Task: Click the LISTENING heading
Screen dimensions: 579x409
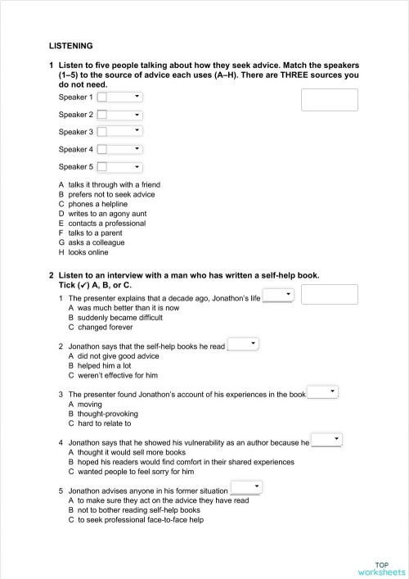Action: pos(70,46)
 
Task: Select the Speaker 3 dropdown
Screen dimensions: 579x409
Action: pos(119,132)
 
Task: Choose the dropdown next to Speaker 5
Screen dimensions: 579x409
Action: pos(119,167)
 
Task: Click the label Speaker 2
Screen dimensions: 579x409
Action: pos(75,115)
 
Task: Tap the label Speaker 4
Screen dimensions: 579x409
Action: pos(75,149)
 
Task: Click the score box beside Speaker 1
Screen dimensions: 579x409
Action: pos(330,100)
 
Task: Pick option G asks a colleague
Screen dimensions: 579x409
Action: pos(96,242)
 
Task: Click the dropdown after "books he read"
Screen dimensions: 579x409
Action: pos(243,344)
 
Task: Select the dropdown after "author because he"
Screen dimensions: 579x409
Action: pos(326,441)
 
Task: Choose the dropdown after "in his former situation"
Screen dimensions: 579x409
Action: pos(246,489)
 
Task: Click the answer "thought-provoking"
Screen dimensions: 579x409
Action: pos(104,414)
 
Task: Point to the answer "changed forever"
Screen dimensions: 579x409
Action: pos(99,327)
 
